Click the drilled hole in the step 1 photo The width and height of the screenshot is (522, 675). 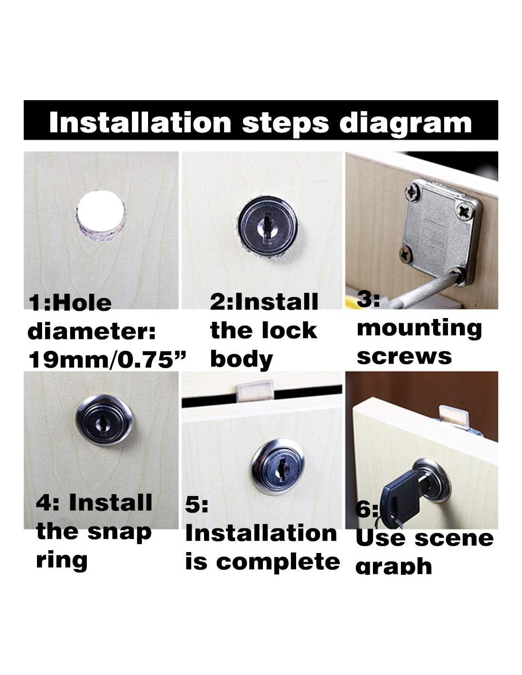point(101,215)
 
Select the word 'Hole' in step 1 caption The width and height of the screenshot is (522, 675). point(84,303)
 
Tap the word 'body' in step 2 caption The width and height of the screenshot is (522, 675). point(241,360)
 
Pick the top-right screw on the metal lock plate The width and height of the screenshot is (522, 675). point(465,212)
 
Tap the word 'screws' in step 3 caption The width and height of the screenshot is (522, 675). point(404,356)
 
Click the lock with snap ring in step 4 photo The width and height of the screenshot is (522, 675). point(104,420)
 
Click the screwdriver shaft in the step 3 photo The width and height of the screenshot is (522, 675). point(424,291)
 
